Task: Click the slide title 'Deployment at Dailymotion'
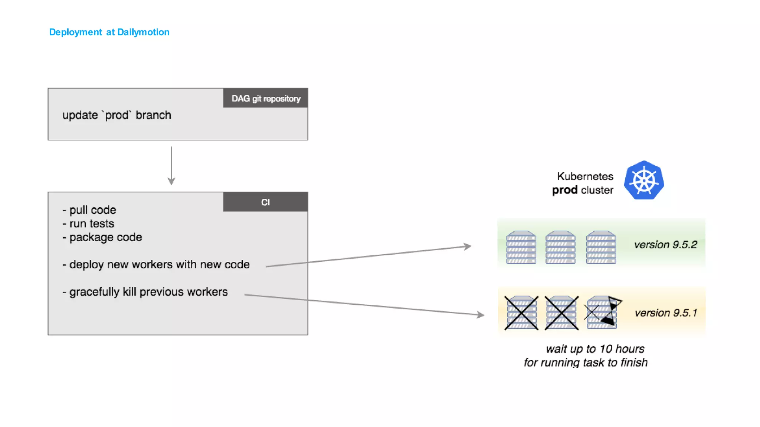pos(109,32)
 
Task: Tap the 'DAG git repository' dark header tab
pos(266,98)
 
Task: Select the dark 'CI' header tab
pos(266,202)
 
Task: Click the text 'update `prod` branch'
pos(117,115)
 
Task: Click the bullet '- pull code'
pos(89,210)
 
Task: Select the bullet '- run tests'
pos(89,224)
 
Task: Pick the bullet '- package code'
pos(102,237)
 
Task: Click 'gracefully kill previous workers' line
pos(145,292)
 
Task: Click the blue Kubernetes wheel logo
pos(644,181)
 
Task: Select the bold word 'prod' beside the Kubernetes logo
pos(564,190)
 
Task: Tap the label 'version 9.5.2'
pos(665,245)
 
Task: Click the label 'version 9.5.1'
pos(665,313)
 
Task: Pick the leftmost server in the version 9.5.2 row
pos(521,247)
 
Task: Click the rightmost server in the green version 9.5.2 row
pos(601,247)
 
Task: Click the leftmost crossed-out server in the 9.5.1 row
pos(521,313)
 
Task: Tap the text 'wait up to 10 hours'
pos(595,349)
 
